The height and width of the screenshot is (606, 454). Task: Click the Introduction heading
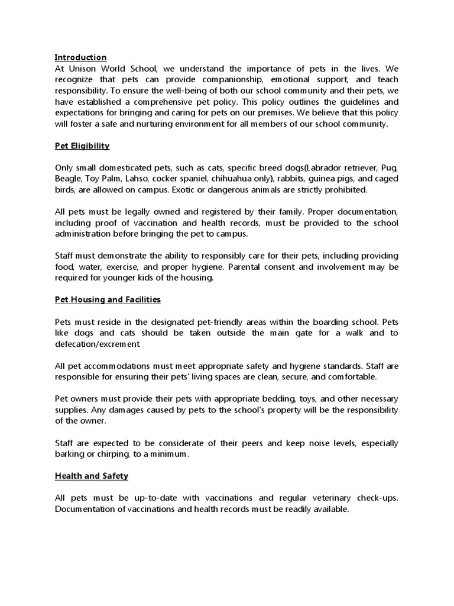click(80, 57)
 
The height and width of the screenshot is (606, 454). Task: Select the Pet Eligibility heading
click(82, 146)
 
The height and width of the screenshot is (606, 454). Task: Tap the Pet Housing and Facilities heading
click(108, 299)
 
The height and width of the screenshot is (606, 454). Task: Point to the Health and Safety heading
click(92, 475)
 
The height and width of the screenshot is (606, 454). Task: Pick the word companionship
click(220, 79)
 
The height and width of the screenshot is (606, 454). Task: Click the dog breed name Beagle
click(69, 178)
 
